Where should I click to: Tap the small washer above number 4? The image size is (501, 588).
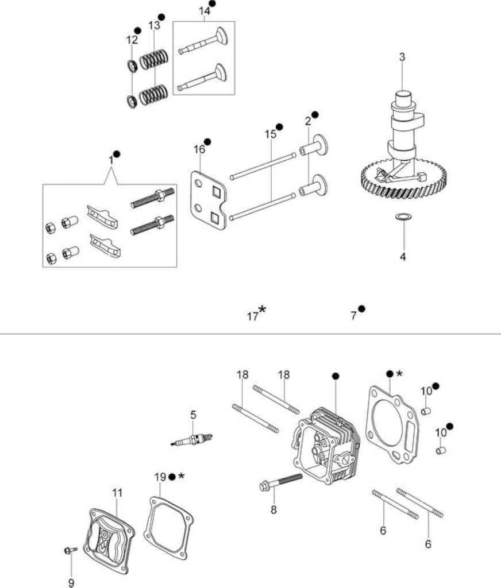pos(403,216)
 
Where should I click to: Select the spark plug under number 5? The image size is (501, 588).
pos(192,439)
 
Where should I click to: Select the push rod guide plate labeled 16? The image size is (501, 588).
pos(209,200)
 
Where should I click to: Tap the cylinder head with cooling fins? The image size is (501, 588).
pos(326,445)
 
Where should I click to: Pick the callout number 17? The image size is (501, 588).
pos(252,316)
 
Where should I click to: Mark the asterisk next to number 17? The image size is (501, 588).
pos(262,310)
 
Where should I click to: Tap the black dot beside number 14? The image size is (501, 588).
pos(213,3)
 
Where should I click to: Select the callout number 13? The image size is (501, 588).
pos(154,25)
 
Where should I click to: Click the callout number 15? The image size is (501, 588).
pos(270,134)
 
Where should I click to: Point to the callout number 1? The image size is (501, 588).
pos(111,160)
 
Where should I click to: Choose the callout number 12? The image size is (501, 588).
pos(132,40)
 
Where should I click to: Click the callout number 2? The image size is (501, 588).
pos(308,121)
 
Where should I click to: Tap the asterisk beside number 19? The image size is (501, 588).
pos(181,476)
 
